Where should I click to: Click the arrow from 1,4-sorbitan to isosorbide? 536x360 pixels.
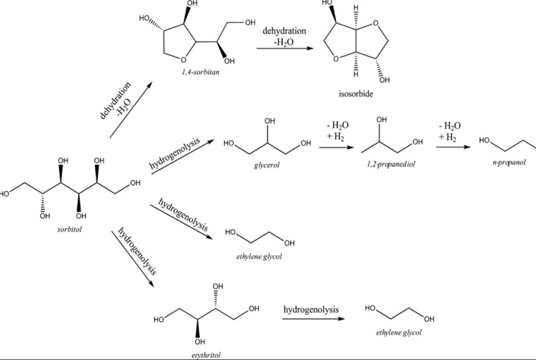coord(286,48)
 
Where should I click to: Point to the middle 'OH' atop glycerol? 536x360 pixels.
coord(271,121)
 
